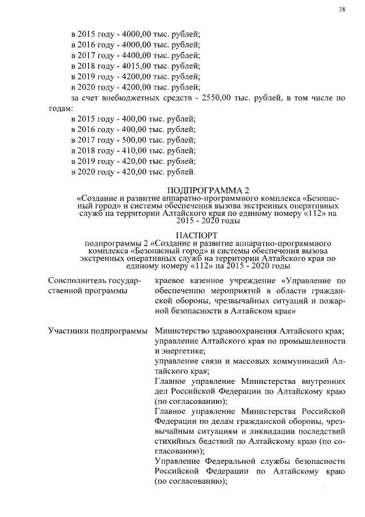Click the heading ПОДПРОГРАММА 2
point(208,190)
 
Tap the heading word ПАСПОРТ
point(208,234)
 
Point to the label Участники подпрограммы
point(98,331)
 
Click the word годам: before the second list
point(60,109)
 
